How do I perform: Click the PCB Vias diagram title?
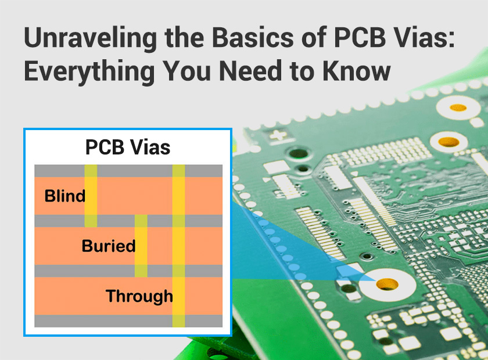click(128, 147)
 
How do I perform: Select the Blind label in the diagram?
click(64, 196)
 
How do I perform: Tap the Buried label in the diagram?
click(109, 246)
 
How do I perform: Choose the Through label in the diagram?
click(139, 296)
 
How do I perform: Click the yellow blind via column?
click(91, 196)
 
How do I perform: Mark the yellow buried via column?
click(141, 246)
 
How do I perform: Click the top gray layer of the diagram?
click(128, 171)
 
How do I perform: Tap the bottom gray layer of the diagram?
click(128, 321)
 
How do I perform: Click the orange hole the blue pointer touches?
click(386, 284)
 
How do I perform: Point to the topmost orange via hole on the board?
click(458, 108)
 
